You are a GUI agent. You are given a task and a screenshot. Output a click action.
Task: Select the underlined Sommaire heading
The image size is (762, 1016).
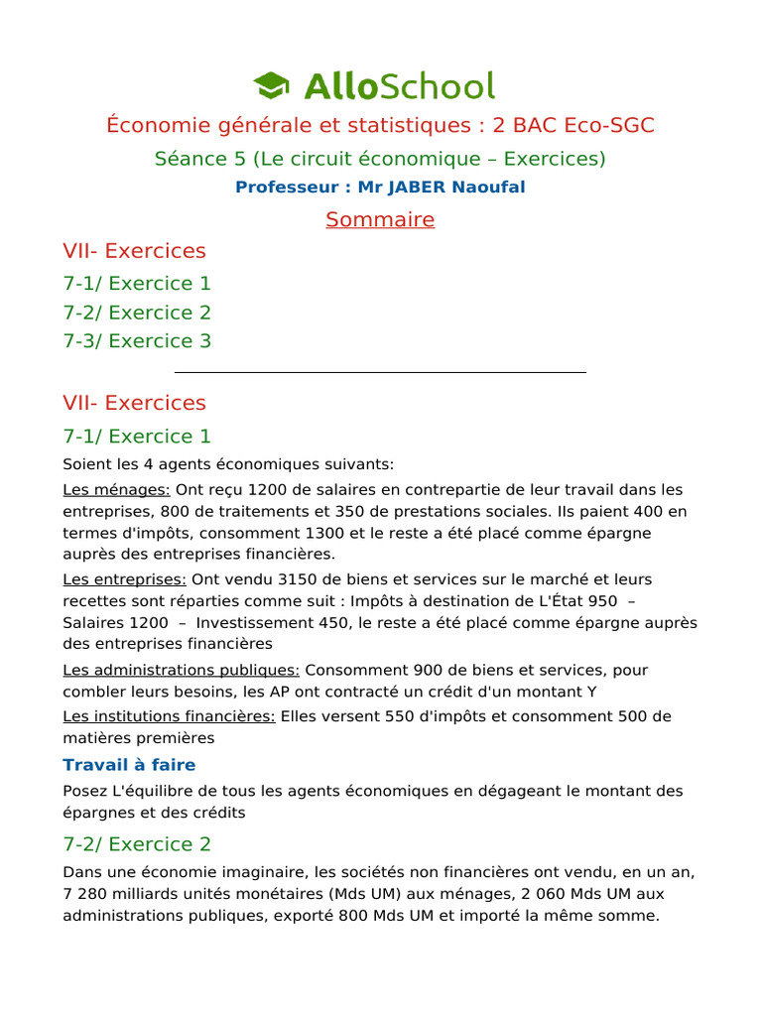click(380, 219)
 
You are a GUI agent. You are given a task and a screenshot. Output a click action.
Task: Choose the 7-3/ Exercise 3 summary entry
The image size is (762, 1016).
click(137, 340)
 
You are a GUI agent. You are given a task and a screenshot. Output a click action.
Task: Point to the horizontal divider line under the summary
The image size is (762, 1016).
click(380, 372)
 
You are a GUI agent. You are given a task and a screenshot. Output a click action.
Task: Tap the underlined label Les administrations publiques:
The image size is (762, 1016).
click(181, 670)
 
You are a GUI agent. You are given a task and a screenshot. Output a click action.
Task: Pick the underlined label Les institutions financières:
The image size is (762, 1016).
click(169, 716)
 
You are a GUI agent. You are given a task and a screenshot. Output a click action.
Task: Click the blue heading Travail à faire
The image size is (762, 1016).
click(129, 765)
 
